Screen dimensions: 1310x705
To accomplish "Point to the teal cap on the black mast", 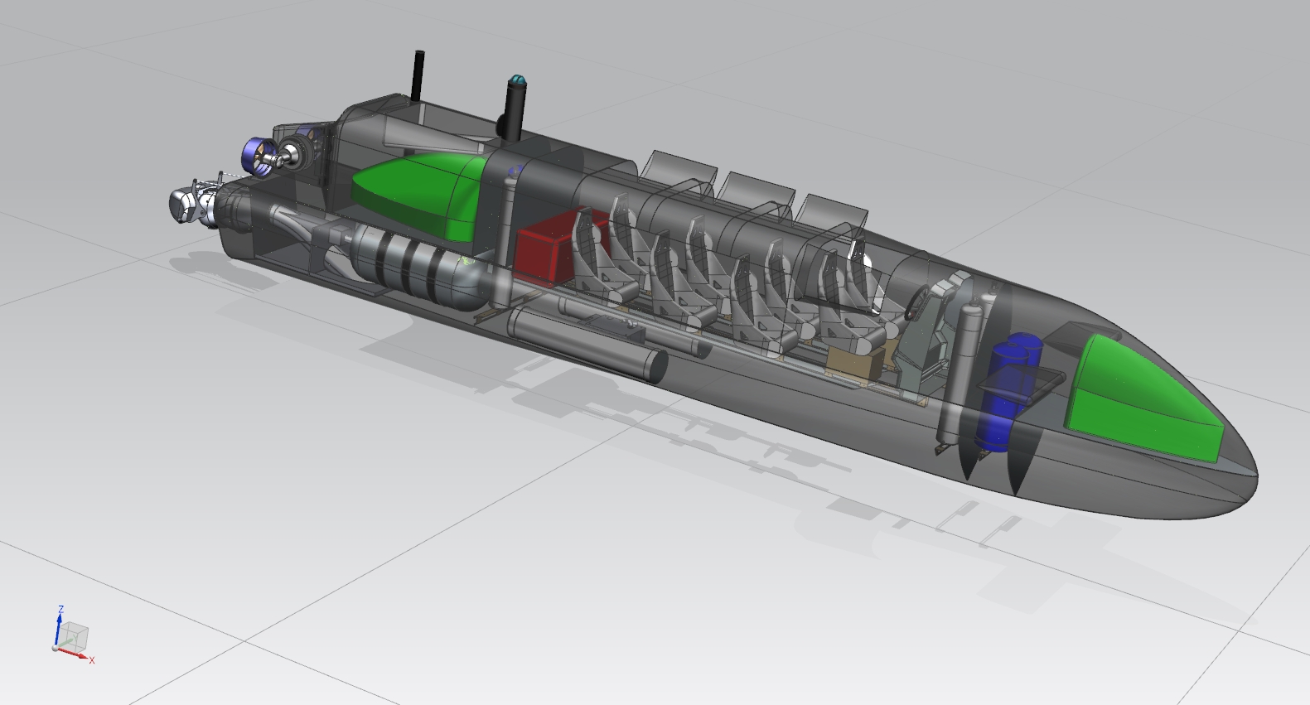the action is [518, 80].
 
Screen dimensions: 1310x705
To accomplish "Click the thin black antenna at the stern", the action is [418, 76].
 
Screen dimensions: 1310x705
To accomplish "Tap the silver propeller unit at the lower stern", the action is [193, 205].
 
